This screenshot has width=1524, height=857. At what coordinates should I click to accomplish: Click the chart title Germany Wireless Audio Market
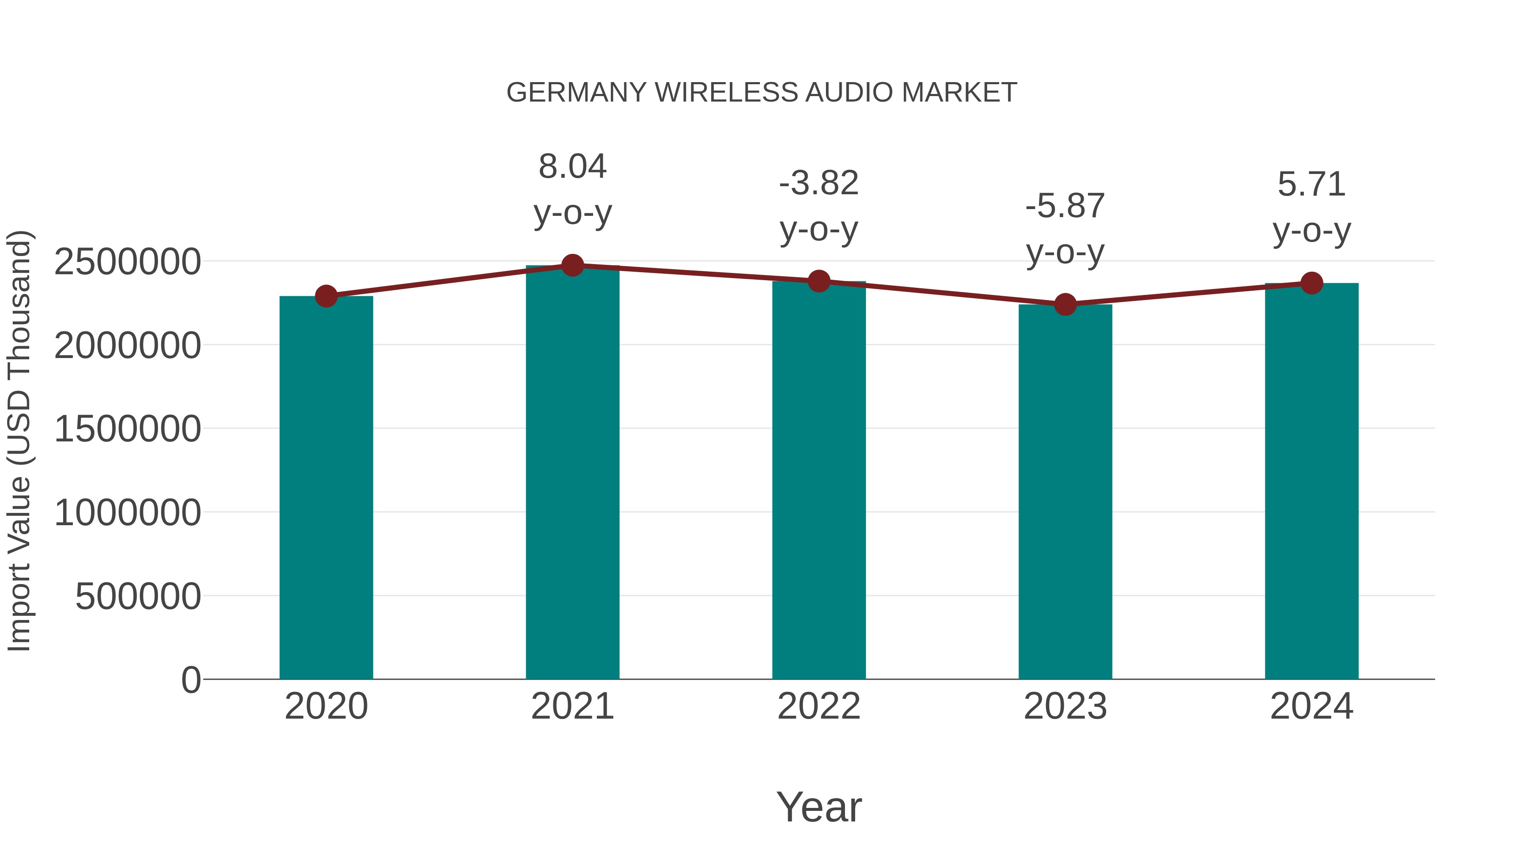click(762, 93)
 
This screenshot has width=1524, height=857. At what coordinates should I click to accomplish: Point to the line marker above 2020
click(326, 296)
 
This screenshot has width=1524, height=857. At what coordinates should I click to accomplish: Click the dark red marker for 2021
click(572, 265)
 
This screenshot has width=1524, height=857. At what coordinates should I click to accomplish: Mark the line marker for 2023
click(1065, 305)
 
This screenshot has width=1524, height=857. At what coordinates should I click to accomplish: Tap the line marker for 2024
click(1311, 283)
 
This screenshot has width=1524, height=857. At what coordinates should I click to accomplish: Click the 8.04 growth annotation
click(572, 167)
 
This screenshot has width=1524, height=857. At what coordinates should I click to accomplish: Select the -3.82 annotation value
click(819, 183)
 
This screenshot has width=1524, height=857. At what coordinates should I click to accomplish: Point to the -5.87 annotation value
click(1065, 207)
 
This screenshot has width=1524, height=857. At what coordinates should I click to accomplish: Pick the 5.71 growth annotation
click(1311, 185)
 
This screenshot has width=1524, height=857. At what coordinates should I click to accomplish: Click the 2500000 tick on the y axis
click(127, 262)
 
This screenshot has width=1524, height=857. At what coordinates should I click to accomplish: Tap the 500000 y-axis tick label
click(138, 596)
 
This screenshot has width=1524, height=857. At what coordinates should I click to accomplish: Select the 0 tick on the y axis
click(190, 680)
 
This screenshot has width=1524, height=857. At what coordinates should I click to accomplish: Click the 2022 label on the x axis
click(819, 706)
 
